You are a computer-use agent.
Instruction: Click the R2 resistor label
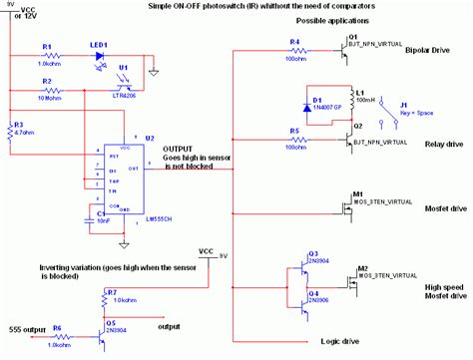coord(47,80)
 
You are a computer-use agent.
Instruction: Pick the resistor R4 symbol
coord(296,48)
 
